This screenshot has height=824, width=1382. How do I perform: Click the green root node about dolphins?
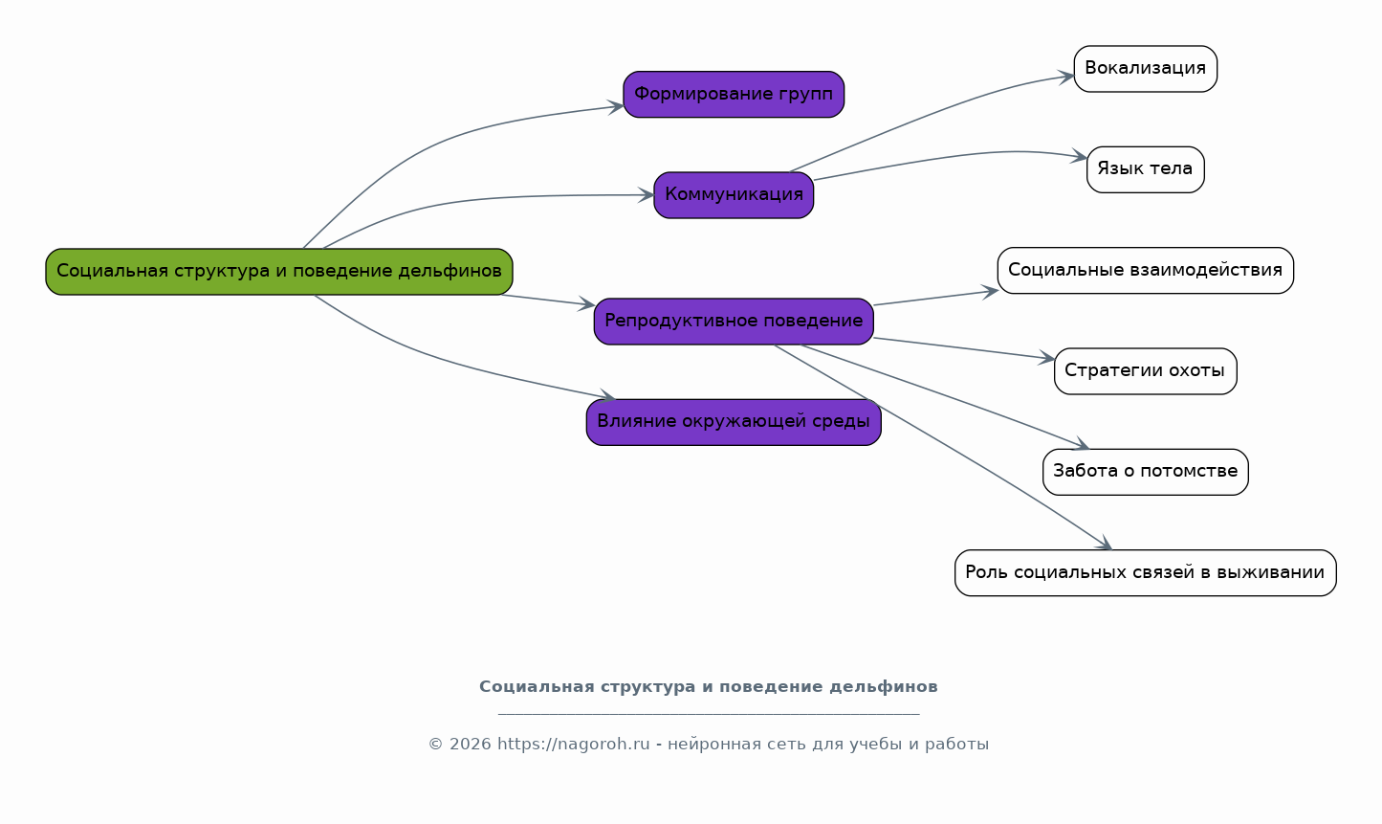278,272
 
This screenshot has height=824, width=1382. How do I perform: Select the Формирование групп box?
734,95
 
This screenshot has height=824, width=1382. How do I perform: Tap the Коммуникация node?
734,195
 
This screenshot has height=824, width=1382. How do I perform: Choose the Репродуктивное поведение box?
734,322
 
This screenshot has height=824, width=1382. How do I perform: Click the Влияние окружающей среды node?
734,422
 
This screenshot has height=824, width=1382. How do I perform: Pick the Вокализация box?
1145,69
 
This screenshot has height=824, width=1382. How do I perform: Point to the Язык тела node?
1145,169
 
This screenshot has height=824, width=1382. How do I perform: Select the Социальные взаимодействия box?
1145,271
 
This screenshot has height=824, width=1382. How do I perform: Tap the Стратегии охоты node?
1145,371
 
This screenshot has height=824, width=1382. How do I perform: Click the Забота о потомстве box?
1145,472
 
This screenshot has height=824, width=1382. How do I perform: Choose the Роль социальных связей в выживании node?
1145,573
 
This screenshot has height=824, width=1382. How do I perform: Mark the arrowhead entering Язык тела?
1081,157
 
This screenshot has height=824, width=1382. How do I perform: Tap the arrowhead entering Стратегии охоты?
1048,359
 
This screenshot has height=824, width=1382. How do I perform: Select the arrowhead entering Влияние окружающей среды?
608,396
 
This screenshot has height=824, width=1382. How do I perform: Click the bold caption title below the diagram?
708,687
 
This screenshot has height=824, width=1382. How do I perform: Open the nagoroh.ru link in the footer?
573,745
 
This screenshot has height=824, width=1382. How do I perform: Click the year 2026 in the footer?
470,745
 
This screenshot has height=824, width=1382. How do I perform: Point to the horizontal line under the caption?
708,714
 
